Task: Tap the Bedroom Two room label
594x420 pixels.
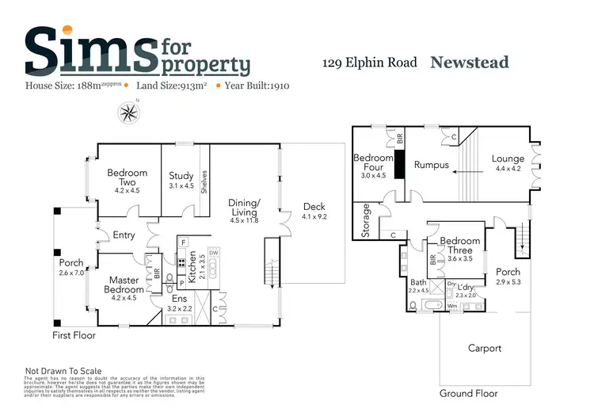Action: (127, 178)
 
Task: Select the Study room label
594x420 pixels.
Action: (181, 176)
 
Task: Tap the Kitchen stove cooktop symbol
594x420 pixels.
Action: (181, 263)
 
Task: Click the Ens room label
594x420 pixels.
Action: (180, 298)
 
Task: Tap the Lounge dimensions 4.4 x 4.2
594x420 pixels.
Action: (508, 169)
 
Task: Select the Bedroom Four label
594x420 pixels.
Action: (373, 162)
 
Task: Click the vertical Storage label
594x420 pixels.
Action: (366, 220)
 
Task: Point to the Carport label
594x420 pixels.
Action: (484, 348)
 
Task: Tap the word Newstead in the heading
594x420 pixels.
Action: (469, 63)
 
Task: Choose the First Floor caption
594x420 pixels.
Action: (74, 335)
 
